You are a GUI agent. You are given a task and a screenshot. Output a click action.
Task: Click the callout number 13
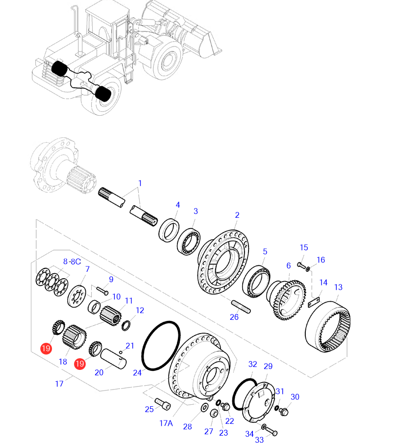coord(338,287)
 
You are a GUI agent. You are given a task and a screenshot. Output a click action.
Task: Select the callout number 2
coord(237,215)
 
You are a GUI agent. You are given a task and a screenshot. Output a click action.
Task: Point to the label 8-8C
coord(72,261)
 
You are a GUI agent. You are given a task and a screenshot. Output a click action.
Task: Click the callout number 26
coord(234,317)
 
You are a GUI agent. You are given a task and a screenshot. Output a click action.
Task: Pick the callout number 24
coord(137,373)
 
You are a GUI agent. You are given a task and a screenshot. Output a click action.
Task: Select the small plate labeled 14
coord(314,301)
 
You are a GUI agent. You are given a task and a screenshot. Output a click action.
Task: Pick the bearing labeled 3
coord(189,240)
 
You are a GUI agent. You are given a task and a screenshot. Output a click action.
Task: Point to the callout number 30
coord(295,397)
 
